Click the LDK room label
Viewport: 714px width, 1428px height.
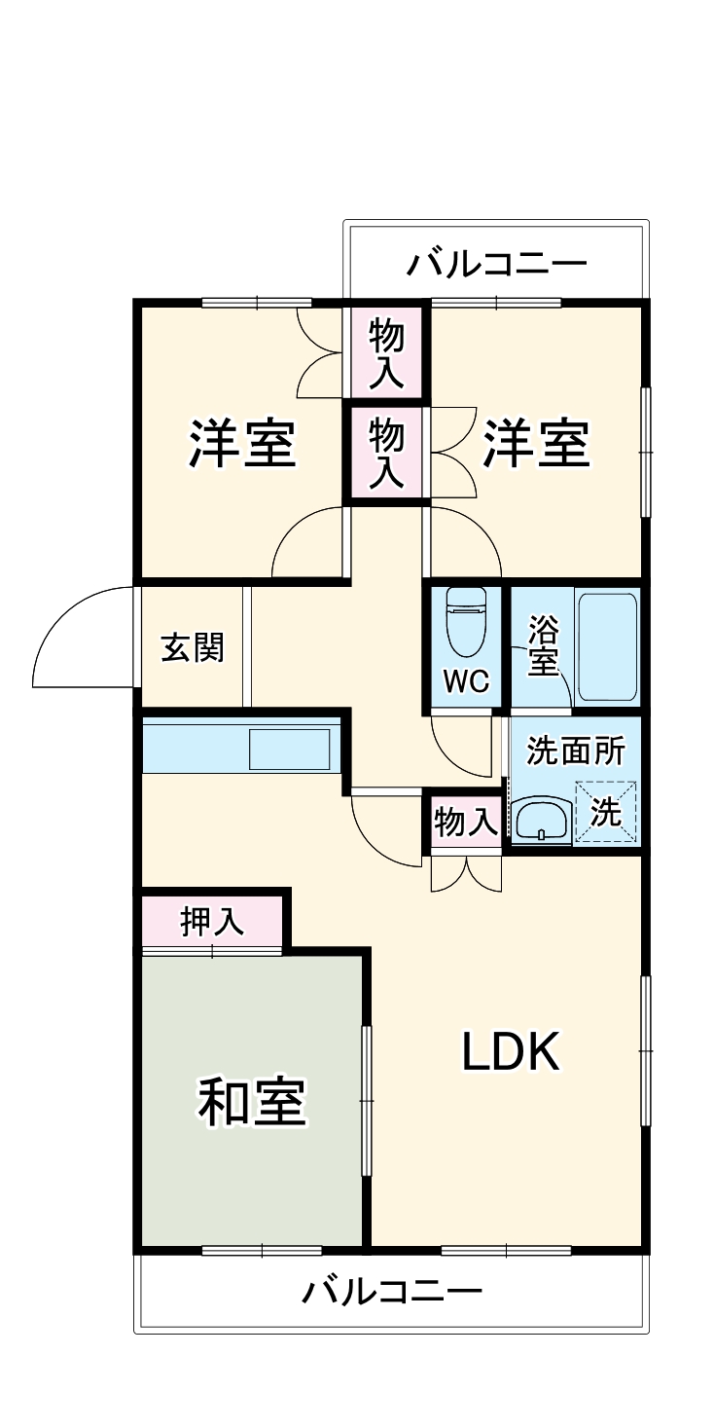click(x=510, y=1051)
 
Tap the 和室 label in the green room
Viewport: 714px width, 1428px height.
click(x=252, y=1102)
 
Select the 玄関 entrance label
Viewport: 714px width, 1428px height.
click(x=192, y=647)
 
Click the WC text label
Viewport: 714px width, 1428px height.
click(x=466, y=681)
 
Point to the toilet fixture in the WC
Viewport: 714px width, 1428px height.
click(x=466, y=623)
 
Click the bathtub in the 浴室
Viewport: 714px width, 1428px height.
click(x=607, y=646)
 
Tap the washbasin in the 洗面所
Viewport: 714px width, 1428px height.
click(x=541, y=820)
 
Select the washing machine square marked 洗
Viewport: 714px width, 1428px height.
click(x=606, y=812)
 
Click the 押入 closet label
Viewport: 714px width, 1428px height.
click(x=212, y=922)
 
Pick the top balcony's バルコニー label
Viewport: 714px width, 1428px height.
click(x=497, y=264)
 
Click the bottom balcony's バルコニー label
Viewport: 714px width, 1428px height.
click(x=391, y=1292)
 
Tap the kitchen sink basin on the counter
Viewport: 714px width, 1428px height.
click(x=289, y=749)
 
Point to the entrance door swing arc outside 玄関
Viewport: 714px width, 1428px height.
click(x=78, y=633)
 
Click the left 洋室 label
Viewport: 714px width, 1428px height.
click(x=242, y=444)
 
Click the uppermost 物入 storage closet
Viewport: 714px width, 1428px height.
click(x=387, y=351)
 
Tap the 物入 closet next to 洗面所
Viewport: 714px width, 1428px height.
click(x=466, y=824)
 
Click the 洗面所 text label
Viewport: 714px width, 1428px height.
click(x=575, y=751)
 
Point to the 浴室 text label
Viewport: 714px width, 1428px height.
click(x=542, y=646)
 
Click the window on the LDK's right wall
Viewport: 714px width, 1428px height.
click(x=645, y=1051)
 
